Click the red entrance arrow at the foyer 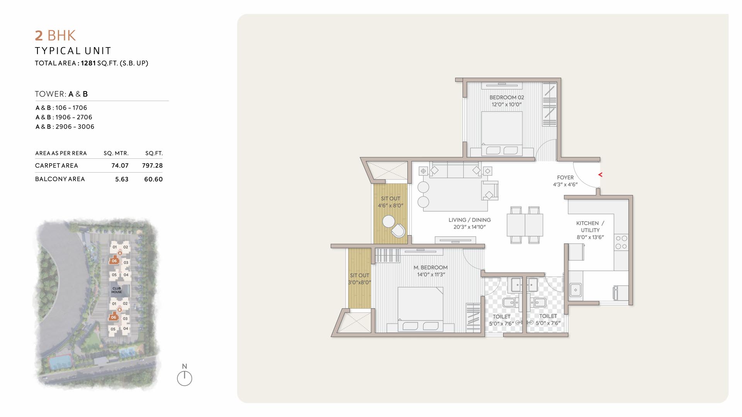pyautogui.click(x=600, y=175)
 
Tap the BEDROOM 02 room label pyautogui.click(x=507, y=97)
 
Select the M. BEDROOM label pyautogui.click(x=431, y=268)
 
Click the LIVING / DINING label pyautogui.click(x=470, y=220)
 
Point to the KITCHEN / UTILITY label pyautogui.click(x=590, y=227)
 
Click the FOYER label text pyautogui.click(x=565, y=178)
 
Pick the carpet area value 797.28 pyautogui.click(x=152, y=166)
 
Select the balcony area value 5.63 pyautogui.click(x=122, y=179)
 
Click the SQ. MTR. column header pyautogui.click(x=116, y=153)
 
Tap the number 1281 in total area pyautogui.click(x=88, y=63)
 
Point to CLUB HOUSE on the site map pyautogui.click(x=117, y=290)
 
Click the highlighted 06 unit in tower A pyautogui.click(x=114, y=261)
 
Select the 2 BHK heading pyautogui.click(x=55, y=36)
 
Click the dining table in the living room pyautogui.click(x=525, y=225)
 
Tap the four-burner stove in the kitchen pyautogui.click(x=621, y=242)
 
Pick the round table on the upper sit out pyautogui.click(x=388, y=222)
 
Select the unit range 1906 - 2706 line pyautogui.click(x=64, y=117)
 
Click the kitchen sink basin pyautogui.click(x=575, y=290)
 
